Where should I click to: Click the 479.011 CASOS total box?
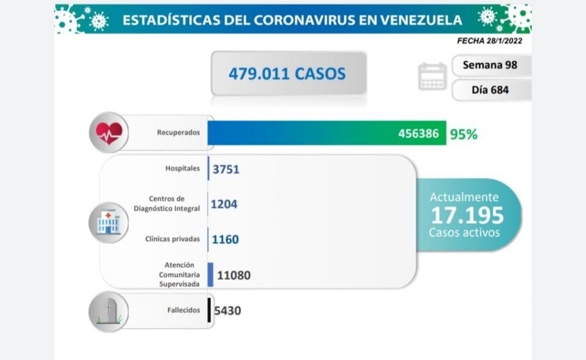coord(288,73)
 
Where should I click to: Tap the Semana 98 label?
coord(490,65)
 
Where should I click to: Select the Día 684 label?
coord(490,90)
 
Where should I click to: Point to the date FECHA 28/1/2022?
coord(489,41)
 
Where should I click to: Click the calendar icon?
coord(432,76)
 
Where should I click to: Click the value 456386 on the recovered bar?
coord(419,134)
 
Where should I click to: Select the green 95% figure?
coord(464,134)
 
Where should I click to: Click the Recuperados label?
coord(179,133)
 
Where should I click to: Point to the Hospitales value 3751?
coord(225,169)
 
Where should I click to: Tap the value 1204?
coord(224,204)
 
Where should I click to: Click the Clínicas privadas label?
coord(173,239)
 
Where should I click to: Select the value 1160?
coord(224,239)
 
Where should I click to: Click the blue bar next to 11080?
coord(211,274)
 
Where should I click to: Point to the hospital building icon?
coord(108,222)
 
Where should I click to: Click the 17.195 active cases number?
coord(467,216)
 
